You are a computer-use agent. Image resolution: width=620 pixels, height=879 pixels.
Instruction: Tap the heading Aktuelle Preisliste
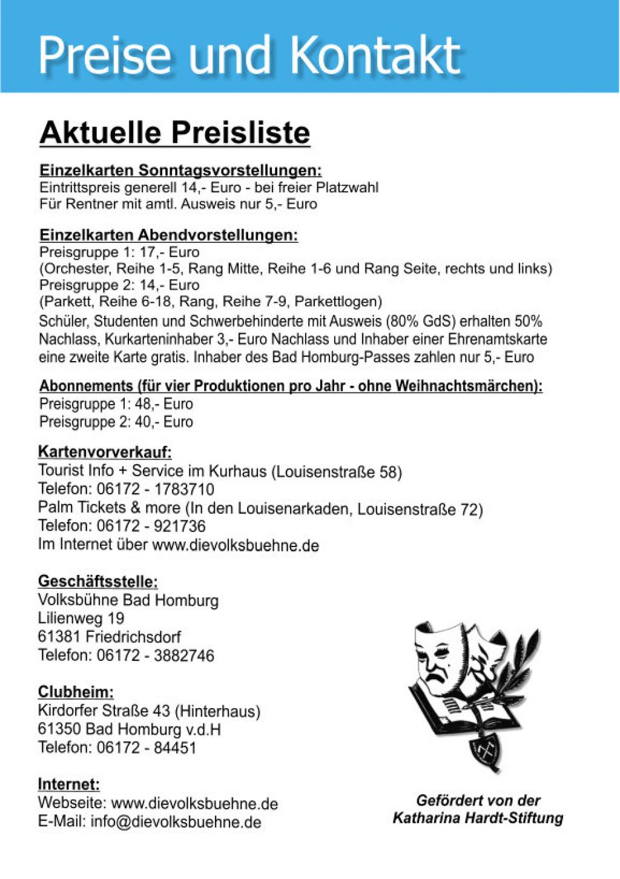coord(174,132)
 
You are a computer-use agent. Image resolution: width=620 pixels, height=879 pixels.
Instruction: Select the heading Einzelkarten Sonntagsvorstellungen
coord(180,170)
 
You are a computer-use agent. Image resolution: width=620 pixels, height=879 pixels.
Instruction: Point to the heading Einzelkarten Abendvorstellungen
coord(168,235)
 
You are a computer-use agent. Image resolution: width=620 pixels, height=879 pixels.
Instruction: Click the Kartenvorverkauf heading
coord(105,452)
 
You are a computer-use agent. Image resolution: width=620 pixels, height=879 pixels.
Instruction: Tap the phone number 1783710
coord(184,489)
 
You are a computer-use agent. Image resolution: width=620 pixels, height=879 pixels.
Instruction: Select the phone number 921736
coord(180,526)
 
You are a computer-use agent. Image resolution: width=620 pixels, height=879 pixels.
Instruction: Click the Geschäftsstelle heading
coord(97,582)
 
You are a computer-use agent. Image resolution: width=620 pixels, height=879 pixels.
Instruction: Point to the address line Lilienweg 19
coord(81,619)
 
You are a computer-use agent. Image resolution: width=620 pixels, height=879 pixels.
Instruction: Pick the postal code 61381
coord(59,637)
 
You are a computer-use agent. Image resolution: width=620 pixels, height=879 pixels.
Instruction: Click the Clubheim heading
coord(76,692)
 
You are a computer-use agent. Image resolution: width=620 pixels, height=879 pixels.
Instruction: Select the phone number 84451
coord(175,748)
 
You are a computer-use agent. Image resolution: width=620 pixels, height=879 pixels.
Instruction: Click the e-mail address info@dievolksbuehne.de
coord(176,822)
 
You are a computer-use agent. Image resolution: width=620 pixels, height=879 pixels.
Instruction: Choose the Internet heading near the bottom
coord(68,784)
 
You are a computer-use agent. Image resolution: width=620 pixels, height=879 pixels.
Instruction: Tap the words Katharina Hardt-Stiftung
coord(478,818)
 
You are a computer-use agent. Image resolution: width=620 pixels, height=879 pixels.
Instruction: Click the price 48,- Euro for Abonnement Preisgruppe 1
coord(163,404)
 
